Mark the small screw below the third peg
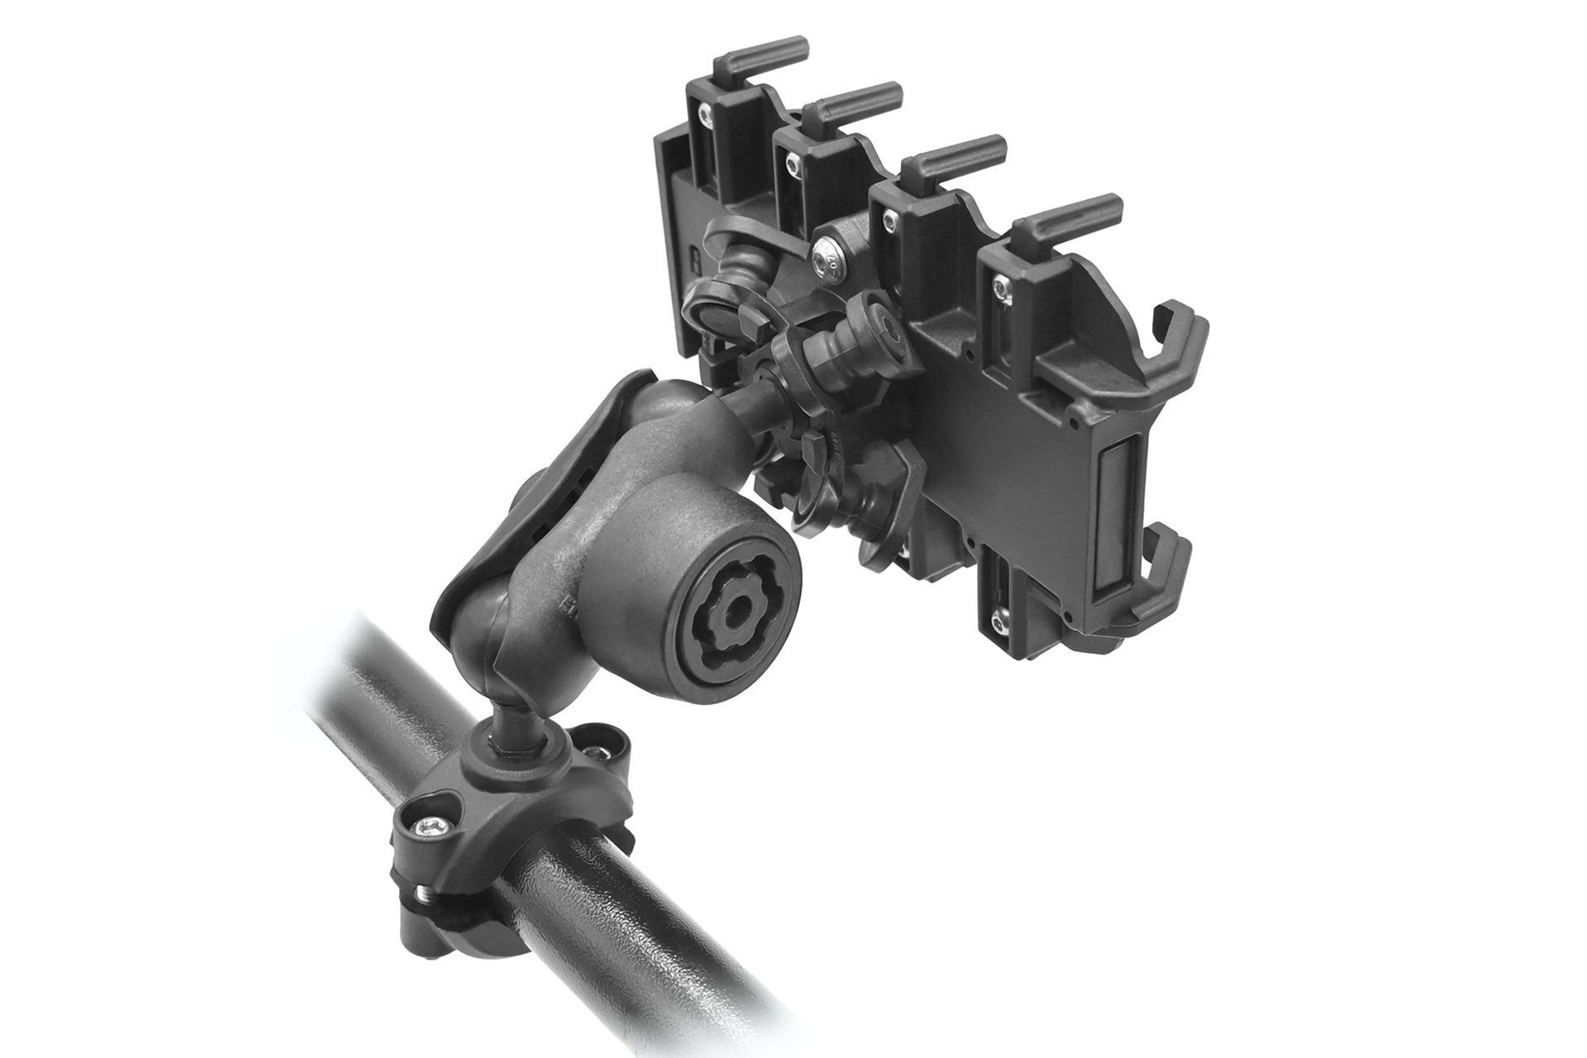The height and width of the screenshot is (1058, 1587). click(889, 219)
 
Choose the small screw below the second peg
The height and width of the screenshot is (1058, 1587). click(793, 165)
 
